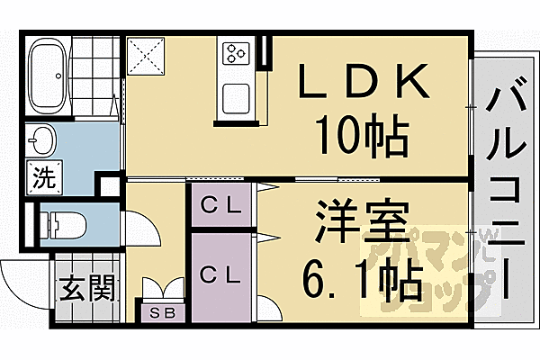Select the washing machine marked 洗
click(x=45, y=177)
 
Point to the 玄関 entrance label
click(x=86, y=288)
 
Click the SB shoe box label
click(x=164, y=313)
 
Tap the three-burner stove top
click(x=236, y=53)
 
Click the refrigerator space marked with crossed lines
click(x=146, y=56)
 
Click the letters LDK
click(x=364, y=81)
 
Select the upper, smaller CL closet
click(x=221, y=205)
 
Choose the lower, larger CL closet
click(x=221, y=277)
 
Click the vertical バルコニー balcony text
click(x=506, y=188)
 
